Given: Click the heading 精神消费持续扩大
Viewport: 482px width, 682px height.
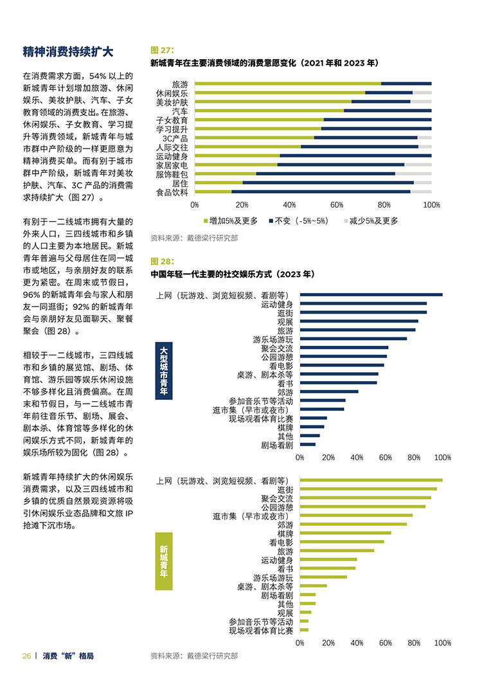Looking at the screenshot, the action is pyautogui.click(x=68, y=52).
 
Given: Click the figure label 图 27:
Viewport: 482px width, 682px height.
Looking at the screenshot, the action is pyautogui.click(x=162, y=50).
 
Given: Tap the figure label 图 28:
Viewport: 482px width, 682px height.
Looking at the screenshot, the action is pyautogui.click(x=162, y=262).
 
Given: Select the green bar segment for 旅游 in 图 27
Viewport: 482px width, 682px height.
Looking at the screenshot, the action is pyautogui.click(x=288, y=84).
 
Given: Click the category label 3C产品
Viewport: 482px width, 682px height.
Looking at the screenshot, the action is pyautogui.click(x=175, y=138).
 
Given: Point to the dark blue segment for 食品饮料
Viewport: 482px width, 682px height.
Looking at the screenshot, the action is pyautogui.click(x=321, y=192).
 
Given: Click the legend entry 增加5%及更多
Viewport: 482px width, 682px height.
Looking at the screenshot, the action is pyautogui.click(x=231, y=221).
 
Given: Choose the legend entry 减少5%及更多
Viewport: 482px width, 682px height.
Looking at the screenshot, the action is pyautogui.click(x=371, y=221).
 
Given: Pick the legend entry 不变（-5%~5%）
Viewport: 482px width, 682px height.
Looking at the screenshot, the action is pyautogui.click(x=298, y=221).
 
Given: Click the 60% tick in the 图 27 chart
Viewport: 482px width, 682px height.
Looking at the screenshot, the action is pyautogui.click(x=337, y=205).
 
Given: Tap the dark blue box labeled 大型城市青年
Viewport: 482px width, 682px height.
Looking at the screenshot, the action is pyautogui.click(x=164, y=371).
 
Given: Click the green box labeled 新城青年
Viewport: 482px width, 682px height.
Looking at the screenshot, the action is pyautogui.click(x=164, y=561).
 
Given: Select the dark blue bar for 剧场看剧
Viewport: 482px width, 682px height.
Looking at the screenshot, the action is pyautogui.click(x=308, y=445).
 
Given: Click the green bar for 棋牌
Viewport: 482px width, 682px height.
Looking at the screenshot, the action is pyautogui.click(x=346, y=533).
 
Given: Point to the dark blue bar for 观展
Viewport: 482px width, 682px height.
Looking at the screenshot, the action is pyautogui.click(x=359, y=321).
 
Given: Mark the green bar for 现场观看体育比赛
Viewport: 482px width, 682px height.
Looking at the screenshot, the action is pyautogui.click(x=305, y=630).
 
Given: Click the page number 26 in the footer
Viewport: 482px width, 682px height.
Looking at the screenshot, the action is pyautogui.click(x=26, y=656).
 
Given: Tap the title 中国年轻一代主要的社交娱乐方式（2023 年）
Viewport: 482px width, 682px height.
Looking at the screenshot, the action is pyautogui.click(x=233, y=274).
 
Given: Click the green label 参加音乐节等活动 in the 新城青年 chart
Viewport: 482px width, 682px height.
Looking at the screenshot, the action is pyautogui.click(x=261, y=622).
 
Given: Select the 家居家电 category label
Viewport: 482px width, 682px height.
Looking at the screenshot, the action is pyautogui.click(x=172, y=166).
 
